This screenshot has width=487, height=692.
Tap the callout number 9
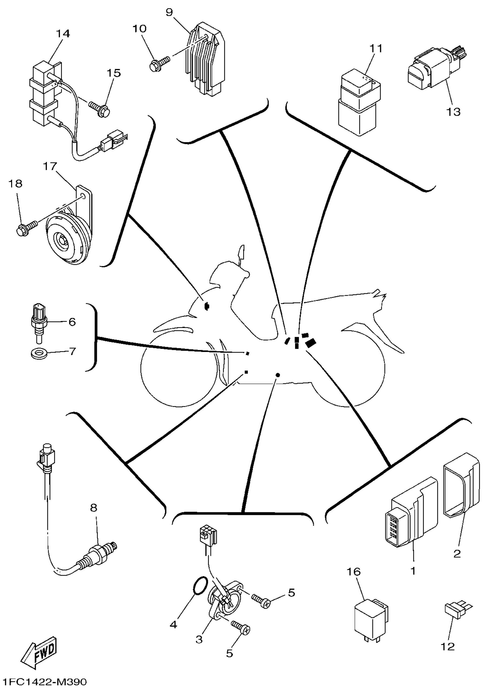pos(169,12)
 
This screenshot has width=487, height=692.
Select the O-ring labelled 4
pos(199,587)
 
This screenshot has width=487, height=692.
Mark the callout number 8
pos(94,508)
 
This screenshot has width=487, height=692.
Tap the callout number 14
pos(63,34)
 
